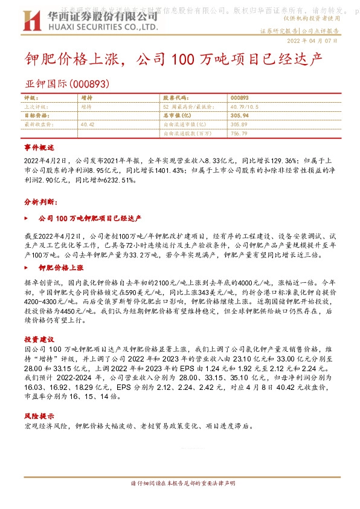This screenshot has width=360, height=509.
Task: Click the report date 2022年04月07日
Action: click(312, 41)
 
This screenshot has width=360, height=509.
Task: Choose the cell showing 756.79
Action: click(239, 132)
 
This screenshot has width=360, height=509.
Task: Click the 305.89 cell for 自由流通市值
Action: click(239, 123)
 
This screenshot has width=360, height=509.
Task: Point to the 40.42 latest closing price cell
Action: click(87, 123)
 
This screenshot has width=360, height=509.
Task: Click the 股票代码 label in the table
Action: click(176, 97)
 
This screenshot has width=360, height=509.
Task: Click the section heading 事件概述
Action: click(39, 148)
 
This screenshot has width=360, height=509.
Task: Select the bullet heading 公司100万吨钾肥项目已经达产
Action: click(89, 217)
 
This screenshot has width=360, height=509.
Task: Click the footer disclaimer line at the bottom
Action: click(180, 484)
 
